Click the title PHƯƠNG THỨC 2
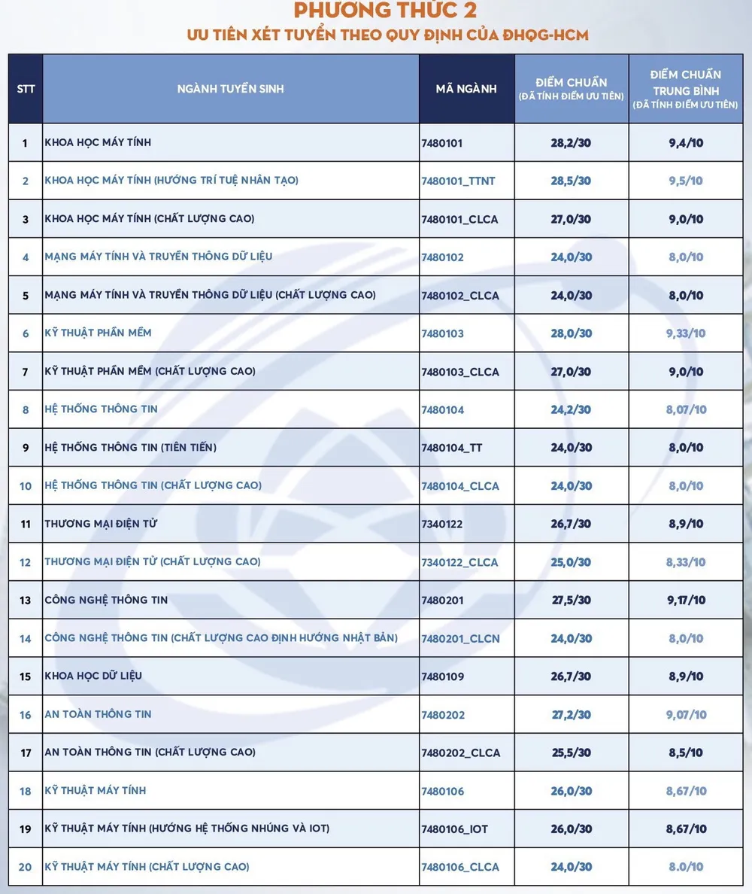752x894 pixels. (384, 11)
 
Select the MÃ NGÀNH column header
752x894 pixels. (466, 89)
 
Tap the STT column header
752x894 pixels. (26, 89)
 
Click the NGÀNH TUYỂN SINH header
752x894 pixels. (231, 89)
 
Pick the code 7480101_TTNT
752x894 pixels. (458, 181)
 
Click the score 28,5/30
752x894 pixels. (572, 181)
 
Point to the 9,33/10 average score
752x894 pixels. (686, 333)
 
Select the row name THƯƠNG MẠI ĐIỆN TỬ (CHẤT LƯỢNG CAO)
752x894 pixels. (153, 562)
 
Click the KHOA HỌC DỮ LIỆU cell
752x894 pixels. (93, 676)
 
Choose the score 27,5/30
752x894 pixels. (572, 600)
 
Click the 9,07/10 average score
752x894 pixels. (686, 714)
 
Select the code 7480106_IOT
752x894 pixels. (455, 829)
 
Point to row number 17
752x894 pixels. (26, 753)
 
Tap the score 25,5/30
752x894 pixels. (572, 753)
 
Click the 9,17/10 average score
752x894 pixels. (686, 600)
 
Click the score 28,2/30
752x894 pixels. (572, 142)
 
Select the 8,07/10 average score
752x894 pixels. (686, 409)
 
